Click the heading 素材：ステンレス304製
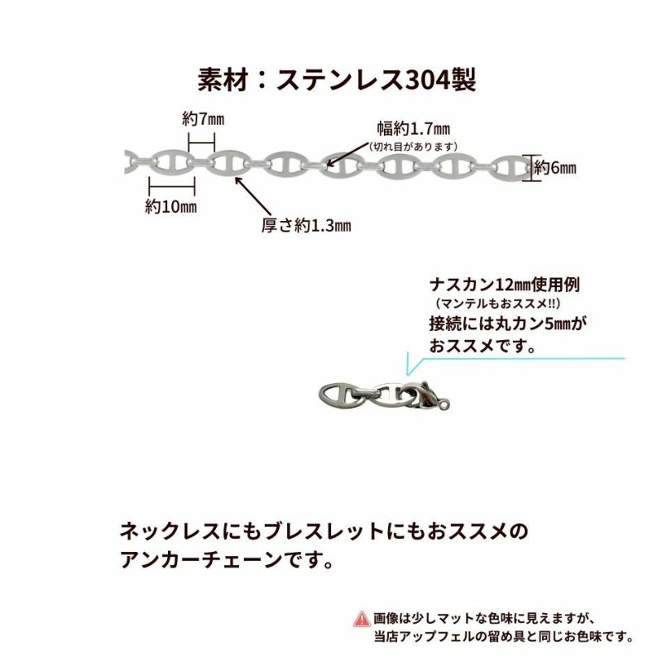(x=337, y=79)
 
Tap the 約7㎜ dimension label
(x=203, y=119)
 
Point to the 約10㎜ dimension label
(x=170, y=206)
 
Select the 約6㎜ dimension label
(x=554, y=168)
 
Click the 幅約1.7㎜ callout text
(x=413, y=129)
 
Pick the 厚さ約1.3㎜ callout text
(x=306, y=225)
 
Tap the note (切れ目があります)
(x=413, y=146)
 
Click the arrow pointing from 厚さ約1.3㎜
(x=253, y=196)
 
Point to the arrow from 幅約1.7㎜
(x=348, y=154)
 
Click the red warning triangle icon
(x=362, y=619)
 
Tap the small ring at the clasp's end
(x=445, y=405)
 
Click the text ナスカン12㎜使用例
(x=505, y=285)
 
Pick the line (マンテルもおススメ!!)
(x=498, y=303)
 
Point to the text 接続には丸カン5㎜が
(x=508, y=324)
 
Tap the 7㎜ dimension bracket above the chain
(x=201, y=142)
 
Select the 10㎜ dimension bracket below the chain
(x=172, y=185)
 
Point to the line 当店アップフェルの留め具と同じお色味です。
(x=503, y=636)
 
